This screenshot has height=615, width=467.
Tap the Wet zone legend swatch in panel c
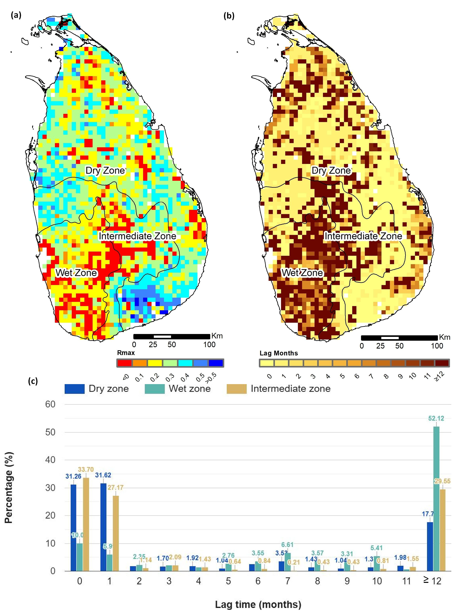pos(154,389)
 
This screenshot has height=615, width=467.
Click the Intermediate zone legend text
pos(290,389)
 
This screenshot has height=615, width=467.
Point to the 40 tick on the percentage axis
pos(50,460)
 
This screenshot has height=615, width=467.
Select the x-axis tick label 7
pos(288,581)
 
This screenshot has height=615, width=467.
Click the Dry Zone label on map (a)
pos(105,170)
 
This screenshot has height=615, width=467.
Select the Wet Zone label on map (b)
pos(302,273)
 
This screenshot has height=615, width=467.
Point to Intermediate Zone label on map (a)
pos(137,236)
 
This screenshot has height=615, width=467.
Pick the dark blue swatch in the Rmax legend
pos(216,363)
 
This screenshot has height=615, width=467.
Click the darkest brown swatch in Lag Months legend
pos(442,363)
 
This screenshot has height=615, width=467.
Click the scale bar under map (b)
pos(399,338)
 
